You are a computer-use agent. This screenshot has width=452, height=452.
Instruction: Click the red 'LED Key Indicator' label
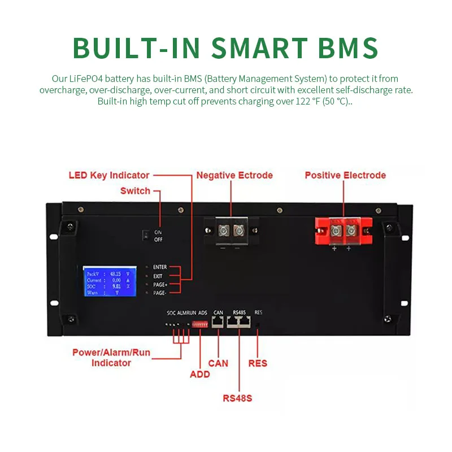pos(109,175)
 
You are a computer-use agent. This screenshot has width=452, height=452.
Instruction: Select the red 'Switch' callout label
pos(135,191)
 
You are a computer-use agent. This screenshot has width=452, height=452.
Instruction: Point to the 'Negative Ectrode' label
pos(234,175)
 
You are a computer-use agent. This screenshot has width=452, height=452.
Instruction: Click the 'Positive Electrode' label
pos(345,175)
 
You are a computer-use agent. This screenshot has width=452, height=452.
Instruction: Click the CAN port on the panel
pos(218,323)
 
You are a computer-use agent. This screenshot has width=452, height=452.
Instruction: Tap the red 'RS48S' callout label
pos(237,398)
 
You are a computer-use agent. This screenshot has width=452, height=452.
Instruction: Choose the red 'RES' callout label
pos(258,363)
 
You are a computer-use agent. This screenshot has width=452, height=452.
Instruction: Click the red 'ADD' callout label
pos(200,374)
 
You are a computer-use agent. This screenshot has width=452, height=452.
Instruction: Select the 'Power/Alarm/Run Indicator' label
pos(111,358)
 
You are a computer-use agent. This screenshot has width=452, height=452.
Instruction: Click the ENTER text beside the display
pos(160,267)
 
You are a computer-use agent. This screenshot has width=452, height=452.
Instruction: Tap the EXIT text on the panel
pos(158,276)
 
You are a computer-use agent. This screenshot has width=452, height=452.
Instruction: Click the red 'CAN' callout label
pos(218,363)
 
